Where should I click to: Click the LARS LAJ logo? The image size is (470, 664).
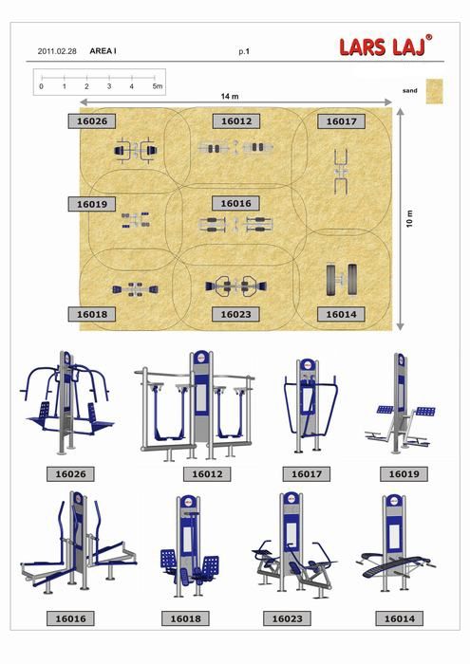coord(385,46)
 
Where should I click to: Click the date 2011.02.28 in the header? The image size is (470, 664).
coord(57,51)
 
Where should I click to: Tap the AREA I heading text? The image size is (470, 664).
coord(103,51)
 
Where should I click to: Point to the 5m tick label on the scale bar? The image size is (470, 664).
coord(158,86)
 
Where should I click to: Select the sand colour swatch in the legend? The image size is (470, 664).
coord(435,91)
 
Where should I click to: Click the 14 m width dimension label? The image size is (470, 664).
coord(230,97)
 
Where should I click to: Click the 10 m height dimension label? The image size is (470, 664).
coord(409,218)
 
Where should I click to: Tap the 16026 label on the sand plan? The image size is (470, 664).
coord(92,121)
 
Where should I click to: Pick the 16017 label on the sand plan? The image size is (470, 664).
coord(341,121)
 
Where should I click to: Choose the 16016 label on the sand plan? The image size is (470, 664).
coord(235,204)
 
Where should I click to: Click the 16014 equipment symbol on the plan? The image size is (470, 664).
coord(342,280)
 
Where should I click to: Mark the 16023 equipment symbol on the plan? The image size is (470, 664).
coord(236,286)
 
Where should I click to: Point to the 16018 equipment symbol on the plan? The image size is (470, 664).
coord(135,289)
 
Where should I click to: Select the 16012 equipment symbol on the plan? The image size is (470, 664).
coord(235,148)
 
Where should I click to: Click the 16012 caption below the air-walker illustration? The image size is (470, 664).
coord(207,474)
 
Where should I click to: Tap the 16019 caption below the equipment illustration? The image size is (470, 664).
coord(404,474)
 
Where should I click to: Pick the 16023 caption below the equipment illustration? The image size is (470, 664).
coord(287,618)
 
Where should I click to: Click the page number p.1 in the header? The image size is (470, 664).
coord(244,51)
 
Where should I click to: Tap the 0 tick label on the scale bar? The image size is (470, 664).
coord(41,86)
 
